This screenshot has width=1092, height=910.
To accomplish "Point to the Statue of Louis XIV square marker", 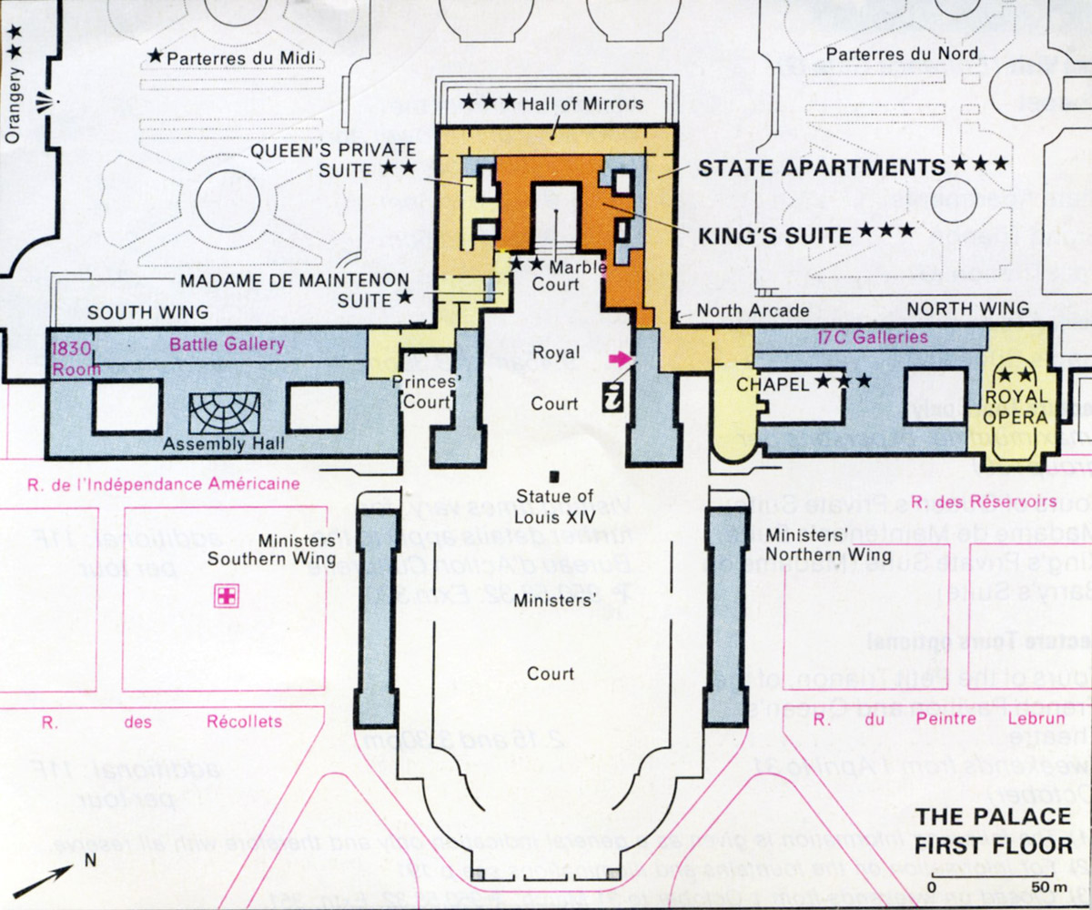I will coord(553,476).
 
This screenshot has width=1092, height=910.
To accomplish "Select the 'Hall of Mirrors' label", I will coord(582,104).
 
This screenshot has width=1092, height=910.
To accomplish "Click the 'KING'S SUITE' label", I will coord(774,235).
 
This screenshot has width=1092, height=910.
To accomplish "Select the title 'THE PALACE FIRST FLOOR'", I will coord(994,829).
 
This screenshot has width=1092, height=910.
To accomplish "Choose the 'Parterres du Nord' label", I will coord(900,55).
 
